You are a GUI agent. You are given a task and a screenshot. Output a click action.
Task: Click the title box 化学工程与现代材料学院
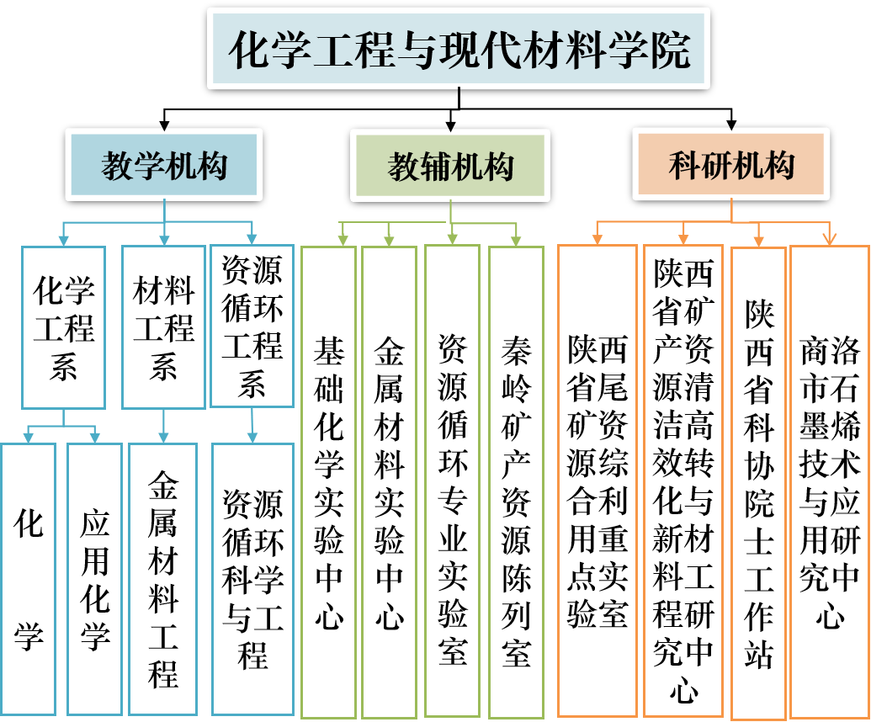459,49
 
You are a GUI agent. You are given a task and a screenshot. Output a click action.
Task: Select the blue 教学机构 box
164,165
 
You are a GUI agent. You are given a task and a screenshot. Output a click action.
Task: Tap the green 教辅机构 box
450,166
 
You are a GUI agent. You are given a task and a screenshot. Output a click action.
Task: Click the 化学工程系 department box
63,326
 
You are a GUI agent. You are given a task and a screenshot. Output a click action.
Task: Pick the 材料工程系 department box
163,326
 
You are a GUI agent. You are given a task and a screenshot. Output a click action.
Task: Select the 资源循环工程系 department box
252,326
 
